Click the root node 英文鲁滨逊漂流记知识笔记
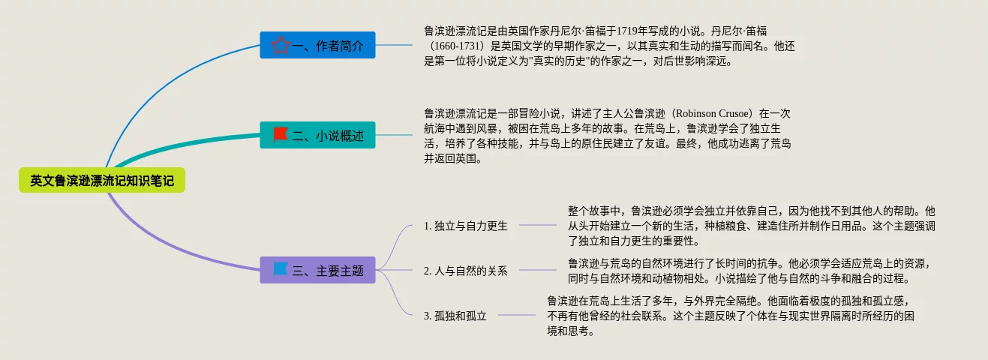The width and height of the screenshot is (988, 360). [101, 181]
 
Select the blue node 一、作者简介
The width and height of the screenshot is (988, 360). [317, 46]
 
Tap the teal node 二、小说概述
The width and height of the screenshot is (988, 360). [317, 135]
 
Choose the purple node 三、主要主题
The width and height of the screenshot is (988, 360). [317, 271]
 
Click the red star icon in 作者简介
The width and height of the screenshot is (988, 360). [281, 46]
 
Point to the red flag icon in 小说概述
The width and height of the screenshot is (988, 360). [281, 134]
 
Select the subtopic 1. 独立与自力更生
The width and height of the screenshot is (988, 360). [465, 226]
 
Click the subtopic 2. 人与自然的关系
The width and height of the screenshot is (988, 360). [465, 271]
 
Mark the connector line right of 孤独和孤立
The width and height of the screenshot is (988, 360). [518, 315]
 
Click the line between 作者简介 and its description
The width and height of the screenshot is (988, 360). [394, 45]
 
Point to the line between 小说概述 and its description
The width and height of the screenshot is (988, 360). [394, 135]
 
